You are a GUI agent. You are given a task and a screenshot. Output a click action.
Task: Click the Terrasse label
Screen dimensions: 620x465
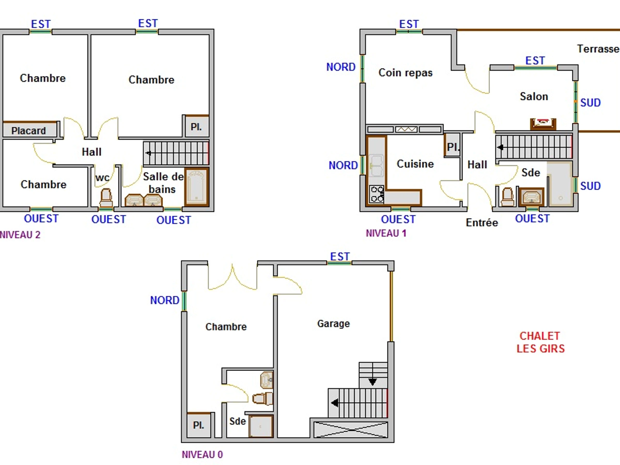click(x=598, y=49)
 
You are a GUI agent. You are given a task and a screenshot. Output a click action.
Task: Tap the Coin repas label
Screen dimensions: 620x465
click(x=406, y=73)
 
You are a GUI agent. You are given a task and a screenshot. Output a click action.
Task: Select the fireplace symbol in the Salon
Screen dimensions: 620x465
click(x=543, y=123)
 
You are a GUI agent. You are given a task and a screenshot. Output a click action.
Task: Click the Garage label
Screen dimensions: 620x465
click(x=334, y=324)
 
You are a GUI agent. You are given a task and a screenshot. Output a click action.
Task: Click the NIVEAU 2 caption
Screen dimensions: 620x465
click(x=20, y=235)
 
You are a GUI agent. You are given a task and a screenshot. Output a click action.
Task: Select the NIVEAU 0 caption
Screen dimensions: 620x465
click(x=202, y=454)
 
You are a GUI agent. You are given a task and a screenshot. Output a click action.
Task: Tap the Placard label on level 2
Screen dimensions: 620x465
click(x=28, y=131)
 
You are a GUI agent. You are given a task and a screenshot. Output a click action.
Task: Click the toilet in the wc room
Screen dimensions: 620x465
click(x=106, y=198)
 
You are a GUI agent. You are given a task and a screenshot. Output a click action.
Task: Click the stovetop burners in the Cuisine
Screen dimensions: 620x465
click(x=377, y=194)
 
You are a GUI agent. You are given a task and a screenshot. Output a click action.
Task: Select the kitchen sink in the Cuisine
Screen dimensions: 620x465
click(x=376, y=166)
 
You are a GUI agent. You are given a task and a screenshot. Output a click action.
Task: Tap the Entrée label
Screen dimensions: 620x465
click(x=482, y=222)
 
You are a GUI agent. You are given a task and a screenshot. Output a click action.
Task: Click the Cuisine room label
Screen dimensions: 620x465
click(x=415, y=164)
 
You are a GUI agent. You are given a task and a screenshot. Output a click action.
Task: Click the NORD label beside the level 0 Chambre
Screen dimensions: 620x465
click(x=165, y=300)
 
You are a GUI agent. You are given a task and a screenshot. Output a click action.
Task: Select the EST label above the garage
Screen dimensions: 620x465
click(x=340, y=257)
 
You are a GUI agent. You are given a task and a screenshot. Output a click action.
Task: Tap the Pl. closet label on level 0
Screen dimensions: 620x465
click(x=198, y=425)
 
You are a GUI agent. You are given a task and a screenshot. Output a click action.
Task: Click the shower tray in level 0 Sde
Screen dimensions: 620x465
click(x=261, y=427)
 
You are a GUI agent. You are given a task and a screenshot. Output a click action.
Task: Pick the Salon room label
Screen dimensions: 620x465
click(x=534, y=96)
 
